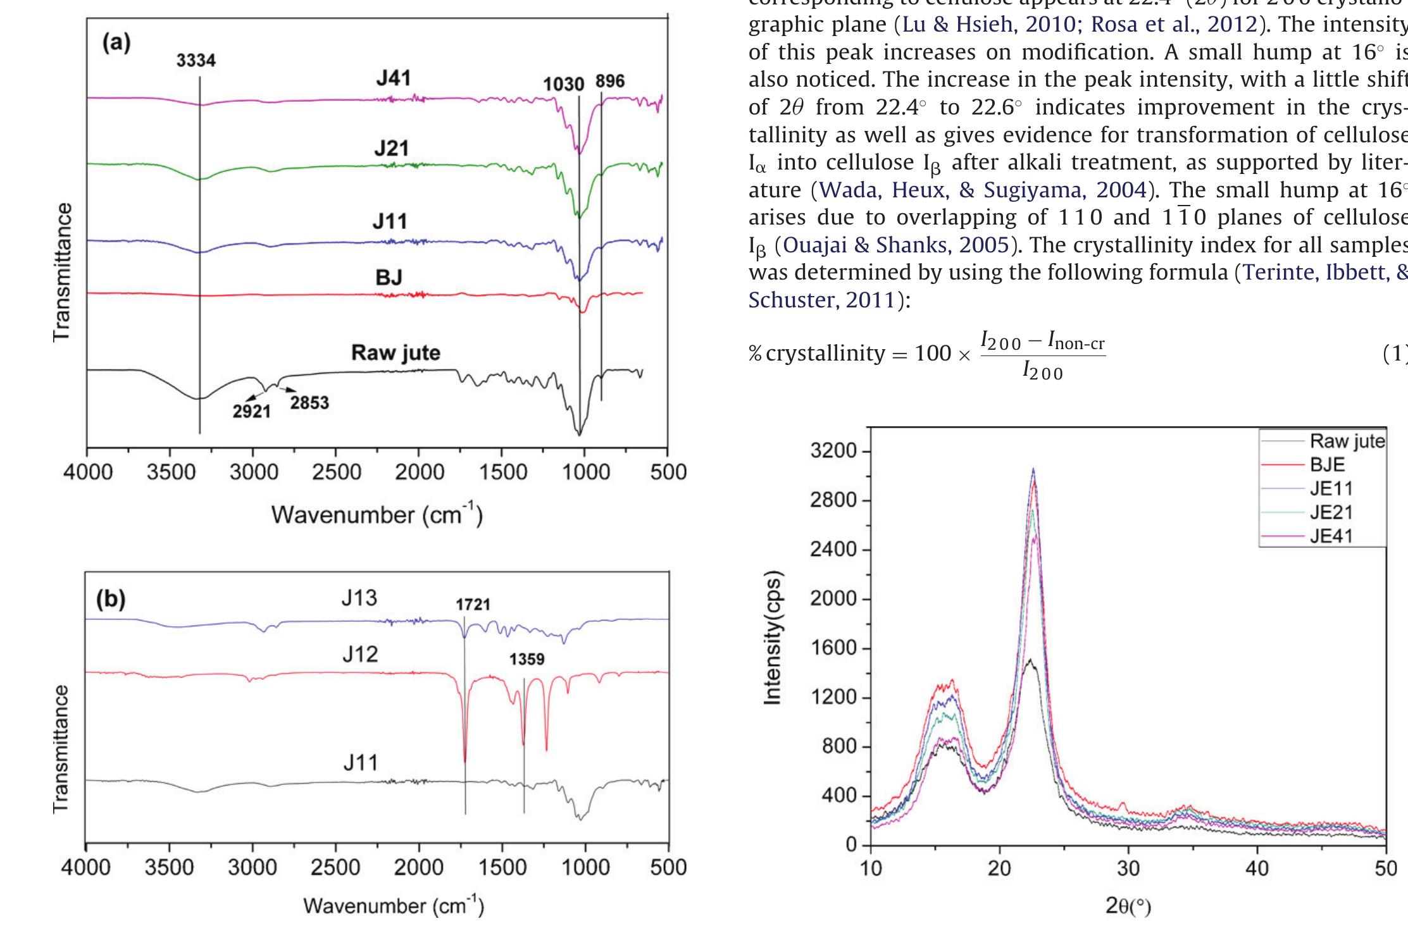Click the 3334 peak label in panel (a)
196,61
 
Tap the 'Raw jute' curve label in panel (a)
396,353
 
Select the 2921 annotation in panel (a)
251,412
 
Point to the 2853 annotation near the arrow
309,403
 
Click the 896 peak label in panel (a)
609,81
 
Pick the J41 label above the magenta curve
393,78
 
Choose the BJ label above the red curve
389,277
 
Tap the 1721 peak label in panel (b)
473,605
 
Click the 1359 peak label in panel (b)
526,660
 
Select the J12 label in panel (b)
360,654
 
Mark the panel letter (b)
111,600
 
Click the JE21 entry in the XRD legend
1331,512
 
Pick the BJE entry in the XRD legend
1327,464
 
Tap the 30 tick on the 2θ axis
1128,868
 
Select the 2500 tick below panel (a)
335,473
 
